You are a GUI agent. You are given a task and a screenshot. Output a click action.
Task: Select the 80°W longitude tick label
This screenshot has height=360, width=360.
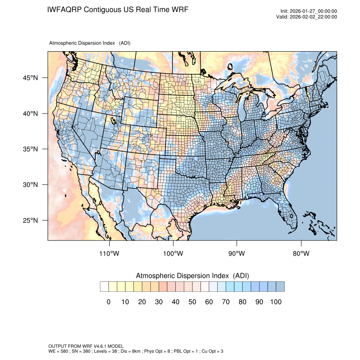[x=301, y=254]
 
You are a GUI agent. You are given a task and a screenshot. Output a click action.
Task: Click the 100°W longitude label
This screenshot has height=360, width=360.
[x=173, y=254]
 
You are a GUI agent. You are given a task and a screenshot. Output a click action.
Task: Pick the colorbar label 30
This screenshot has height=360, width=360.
[x=158, y=302]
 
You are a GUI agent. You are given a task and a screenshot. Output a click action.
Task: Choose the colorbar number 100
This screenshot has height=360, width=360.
[x=275, y=302]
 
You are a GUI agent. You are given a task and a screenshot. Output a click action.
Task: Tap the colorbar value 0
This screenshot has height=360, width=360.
[x=108, y=302]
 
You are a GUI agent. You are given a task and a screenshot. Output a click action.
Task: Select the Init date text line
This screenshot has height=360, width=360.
[x=309, y=11]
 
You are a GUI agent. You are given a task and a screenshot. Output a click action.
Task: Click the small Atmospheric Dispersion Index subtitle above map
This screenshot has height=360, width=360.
[x=90, y=43]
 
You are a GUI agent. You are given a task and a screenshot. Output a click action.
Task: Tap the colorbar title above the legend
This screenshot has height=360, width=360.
[x=192, y=276]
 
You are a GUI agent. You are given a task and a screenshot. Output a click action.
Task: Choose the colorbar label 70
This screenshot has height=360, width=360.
[x=225, y=302]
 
